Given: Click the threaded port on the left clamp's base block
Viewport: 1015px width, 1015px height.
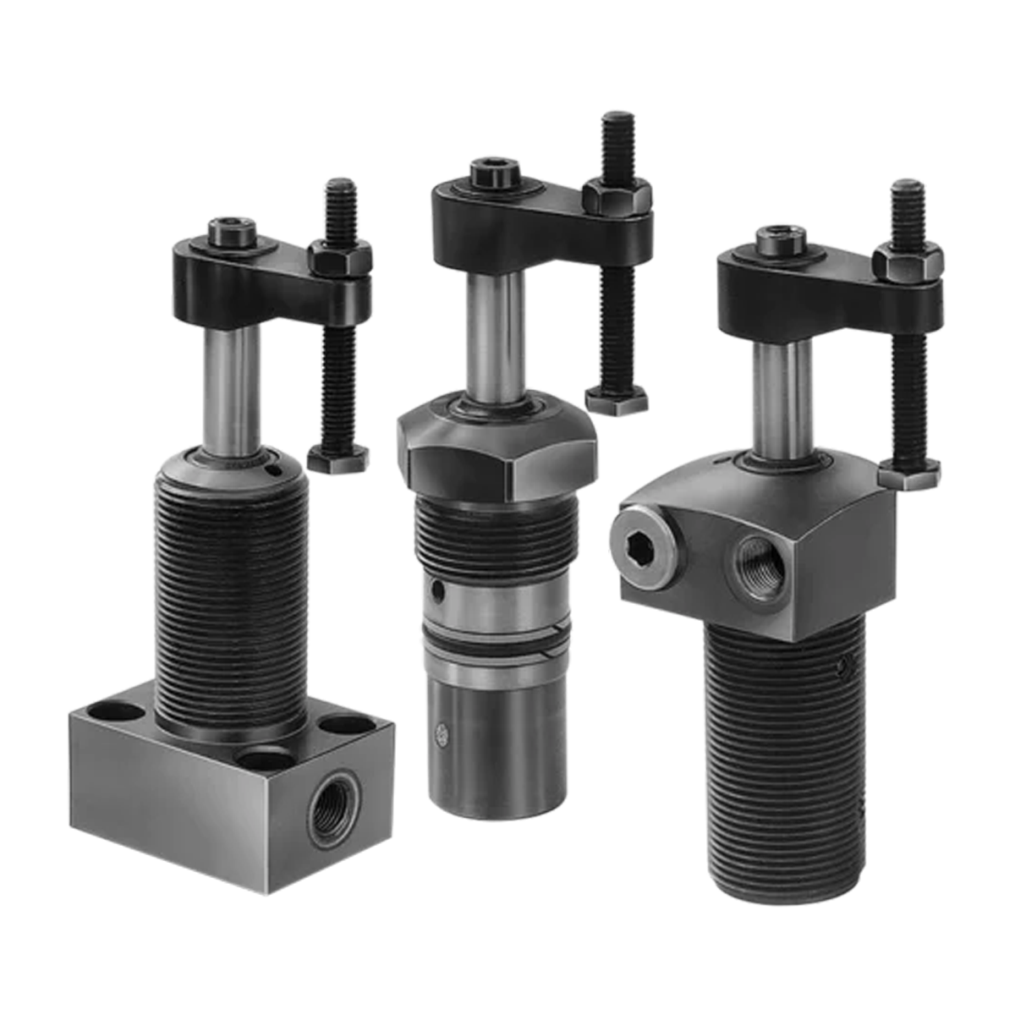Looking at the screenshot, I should point(333,807).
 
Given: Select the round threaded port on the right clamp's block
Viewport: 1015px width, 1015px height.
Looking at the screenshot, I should point(759,566).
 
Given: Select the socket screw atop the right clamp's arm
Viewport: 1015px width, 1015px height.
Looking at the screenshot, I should point(777,238).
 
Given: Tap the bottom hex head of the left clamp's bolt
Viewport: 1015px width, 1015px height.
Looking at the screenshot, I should point(337,460).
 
